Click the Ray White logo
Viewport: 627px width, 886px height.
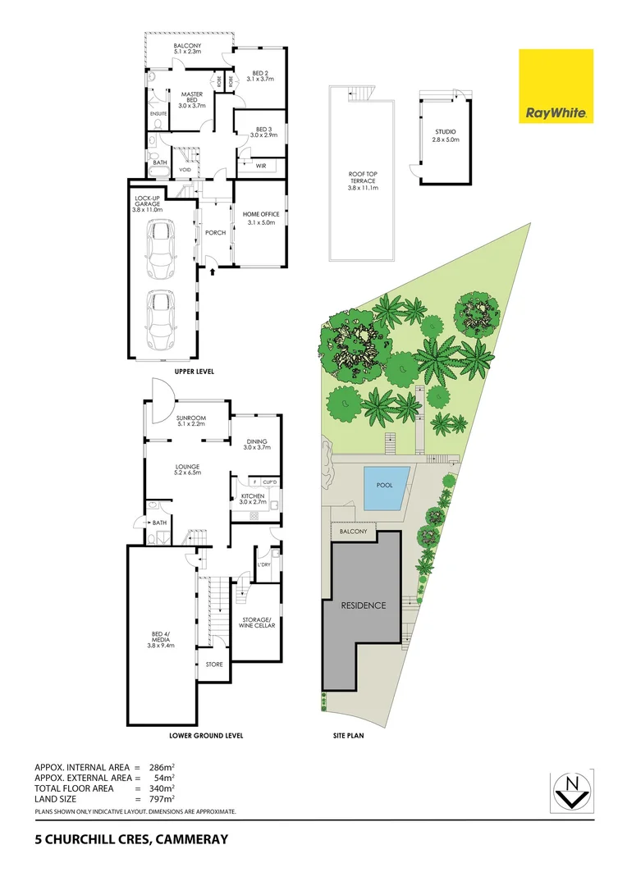[x=556, y=86]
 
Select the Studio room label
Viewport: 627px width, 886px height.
[x=446, y=135]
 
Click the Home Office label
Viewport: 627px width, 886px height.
[x=260, y=218]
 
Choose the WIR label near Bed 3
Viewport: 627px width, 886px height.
[x=261, y=166]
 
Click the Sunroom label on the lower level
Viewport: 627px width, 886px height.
[x=189, y=420]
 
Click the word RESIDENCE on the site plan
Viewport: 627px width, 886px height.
[x=363, y=605]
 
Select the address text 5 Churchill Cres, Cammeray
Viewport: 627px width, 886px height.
[x=131, y=839]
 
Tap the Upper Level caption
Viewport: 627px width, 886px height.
[x=194, y=372]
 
